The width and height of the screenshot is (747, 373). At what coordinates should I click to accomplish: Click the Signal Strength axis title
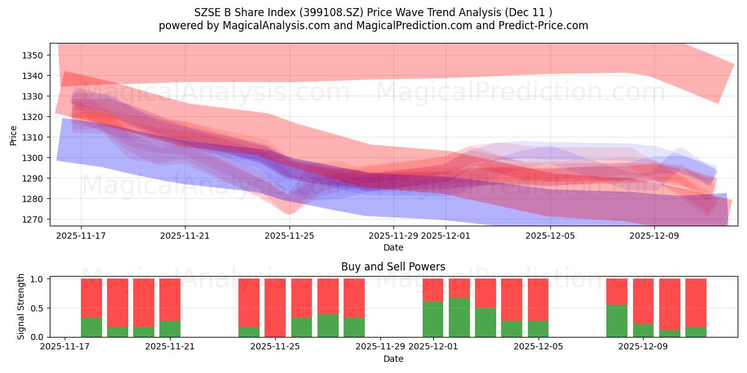21,307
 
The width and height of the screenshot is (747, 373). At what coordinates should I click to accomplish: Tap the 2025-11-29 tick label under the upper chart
393,236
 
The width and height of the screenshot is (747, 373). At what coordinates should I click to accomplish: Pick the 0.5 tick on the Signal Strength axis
36,308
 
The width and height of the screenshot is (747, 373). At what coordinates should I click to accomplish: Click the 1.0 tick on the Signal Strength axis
36,279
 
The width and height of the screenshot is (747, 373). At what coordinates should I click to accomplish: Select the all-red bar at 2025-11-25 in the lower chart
275,308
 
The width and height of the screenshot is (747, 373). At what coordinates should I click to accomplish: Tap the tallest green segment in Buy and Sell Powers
459,318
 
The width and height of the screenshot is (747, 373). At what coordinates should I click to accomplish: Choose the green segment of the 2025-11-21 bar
170,329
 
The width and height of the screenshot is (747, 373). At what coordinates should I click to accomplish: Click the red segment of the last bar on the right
696,302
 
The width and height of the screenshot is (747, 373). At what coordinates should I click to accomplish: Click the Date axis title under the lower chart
393,359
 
